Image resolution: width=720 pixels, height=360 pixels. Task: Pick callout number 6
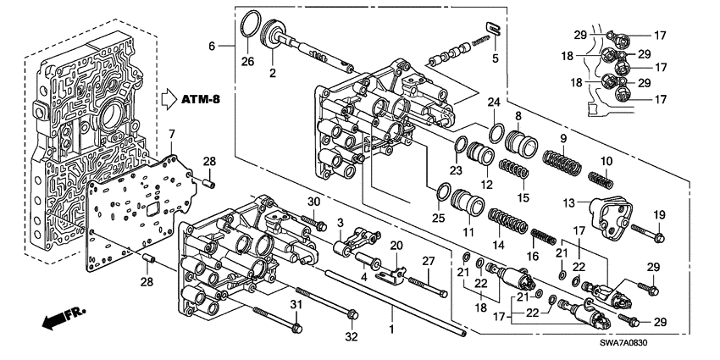click(214, 44)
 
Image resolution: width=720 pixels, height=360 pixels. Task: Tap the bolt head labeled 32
click(350, 318)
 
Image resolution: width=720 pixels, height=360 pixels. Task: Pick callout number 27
click(429, 260)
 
